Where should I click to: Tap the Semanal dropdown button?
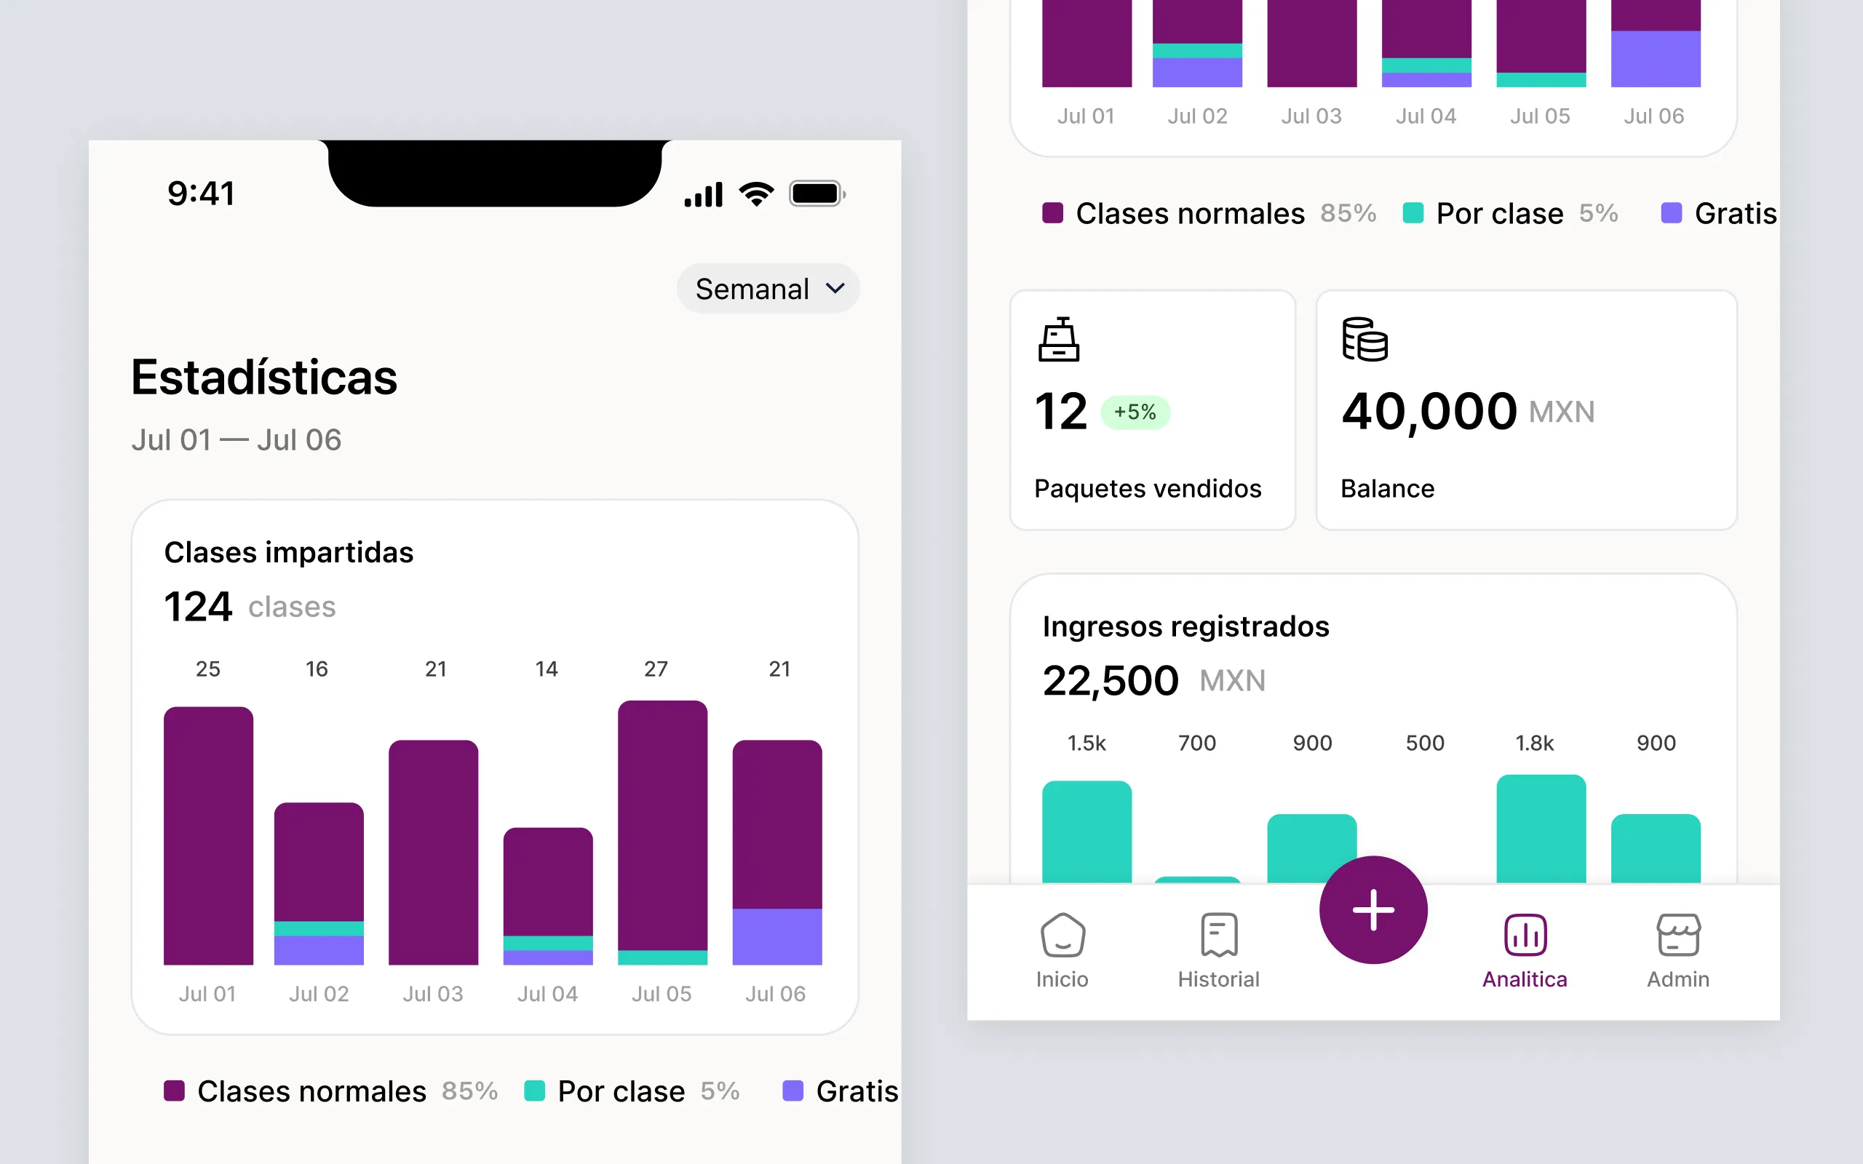click(768, 289)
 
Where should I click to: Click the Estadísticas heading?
click(264, 378)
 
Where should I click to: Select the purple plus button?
click(1373, 910)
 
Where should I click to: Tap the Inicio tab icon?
click(1062, 935)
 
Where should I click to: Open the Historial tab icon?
click(1219, 935)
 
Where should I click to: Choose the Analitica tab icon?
click(1525, 935)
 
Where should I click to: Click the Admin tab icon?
click(1677, 935)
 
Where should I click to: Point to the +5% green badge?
click(1135, 412)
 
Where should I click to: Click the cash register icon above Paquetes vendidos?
click(1059, 340)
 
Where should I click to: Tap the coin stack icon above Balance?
click(1365, 340)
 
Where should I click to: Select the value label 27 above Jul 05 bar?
click(656, 669)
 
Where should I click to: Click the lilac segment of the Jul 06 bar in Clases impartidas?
click(776, 936)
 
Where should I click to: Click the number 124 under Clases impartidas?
click(198, 607)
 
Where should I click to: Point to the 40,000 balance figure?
click(1429, 411)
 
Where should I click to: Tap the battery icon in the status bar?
click(817, 194)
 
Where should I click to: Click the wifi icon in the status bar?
click(757, 194)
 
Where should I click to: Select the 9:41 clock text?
click(201, 194)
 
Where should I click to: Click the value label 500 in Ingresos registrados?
click(1425, 743)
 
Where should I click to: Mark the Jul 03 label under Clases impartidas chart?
click(433, 994)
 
